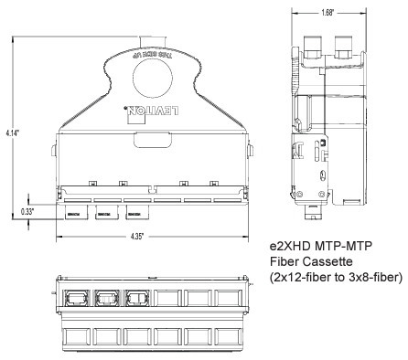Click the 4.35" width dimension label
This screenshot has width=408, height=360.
[x=149, y=238]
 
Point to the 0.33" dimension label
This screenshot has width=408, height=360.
[x=30, y=210]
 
